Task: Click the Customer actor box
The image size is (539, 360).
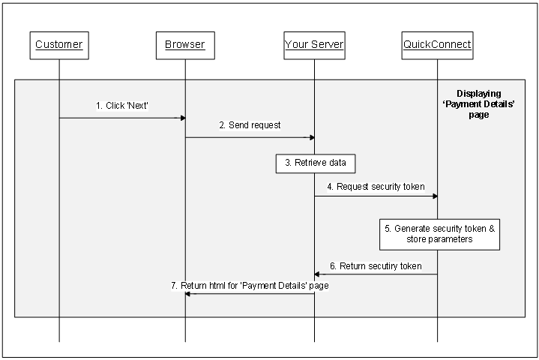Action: click(x=58, y=45)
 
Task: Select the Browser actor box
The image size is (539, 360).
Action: click(x=185, y=45)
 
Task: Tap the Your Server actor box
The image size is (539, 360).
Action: click(x=314, y=45)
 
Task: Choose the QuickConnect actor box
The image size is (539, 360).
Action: click(x=437, y=45)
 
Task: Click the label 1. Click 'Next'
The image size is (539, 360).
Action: click(x=123, y=106)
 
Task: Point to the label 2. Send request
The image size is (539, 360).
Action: click(x=250, y=125)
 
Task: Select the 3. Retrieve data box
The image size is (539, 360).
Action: click(x=314, y=163)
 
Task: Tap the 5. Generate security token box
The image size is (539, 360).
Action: click(x=439, y=234)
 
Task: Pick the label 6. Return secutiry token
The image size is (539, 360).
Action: click(x=375, y=265)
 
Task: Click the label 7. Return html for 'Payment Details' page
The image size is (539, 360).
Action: click(x=250, y=286)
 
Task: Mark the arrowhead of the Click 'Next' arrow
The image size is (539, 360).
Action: click(x=182, y=118)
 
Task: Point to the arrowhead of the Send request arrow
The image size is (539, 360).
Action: click(x=311, y=137)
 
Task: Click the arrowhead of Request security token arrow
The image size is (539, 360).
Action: click(x=434, y=196)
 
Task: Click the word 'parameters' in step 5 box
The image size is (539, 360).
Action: click(x=450, y=240)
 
